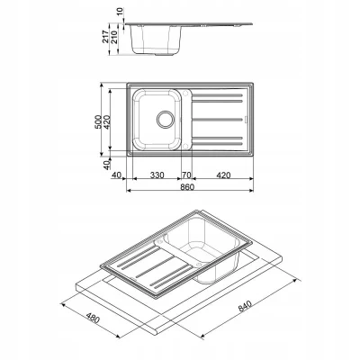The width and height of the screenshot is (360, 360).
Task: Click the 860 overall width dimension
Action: (187, 186)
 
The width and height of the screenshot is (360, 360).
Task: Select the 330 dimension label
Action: (157, 175)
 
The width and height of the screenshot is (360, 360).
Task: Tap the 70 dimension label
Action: (186, 175)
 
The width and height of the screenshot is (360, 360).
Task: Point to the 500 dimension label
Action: (98, 122)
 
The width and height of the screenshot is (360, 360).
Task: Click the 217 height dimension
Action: (106, 37)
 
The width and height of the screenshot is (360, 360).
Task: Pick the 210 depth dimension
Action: (114, 37)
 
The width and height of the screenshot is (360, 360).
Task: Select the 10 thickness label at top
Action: (120, 12)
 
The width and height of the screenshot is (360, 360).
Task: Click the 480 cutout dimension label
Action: (93, 318)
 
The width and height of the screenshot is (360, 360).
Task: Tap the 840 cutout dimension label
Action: (245, 306)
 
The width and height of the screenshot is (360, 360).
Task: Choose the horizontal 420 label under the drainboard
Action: (223, 175)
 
